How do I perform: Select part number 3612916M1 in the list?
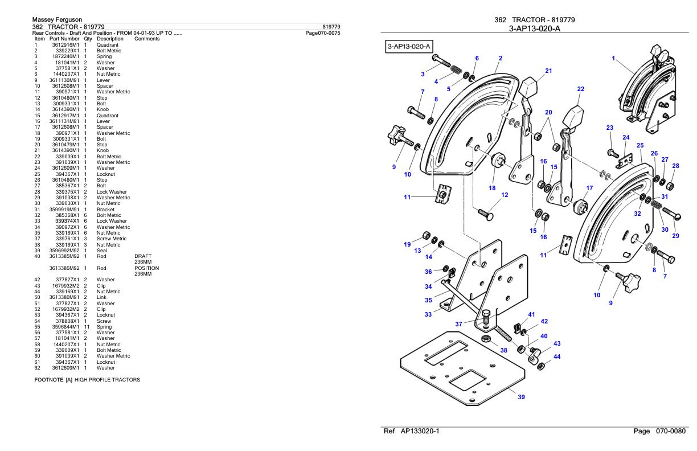click(64, 45)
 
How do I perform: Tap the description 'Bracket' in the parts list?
click(105, 210)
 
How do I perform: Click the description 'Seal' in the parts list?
click(102, 251)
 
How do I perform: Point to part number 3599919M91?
click(64, 210)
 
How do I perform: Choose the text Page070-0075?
click(323, 32)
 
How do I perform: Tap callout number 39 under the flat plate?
click(521, 397)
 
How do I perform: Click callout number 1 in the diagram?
click(613, 59)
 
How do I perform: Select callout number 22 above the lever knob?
click(580, 89)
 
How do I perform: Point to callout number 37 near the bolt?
click(458, 324)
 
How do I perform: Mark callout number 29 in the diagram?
click(676, 236)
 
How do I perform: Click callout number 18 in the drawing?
click(491, 187)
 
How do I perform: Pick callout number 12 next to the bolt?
click(504, 195)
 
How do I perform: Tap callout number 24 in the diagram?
click(626, 137)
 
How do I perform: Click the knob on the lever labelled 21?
click(530, 87)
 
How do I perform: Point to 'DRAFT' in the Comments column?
click(141, 256)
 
